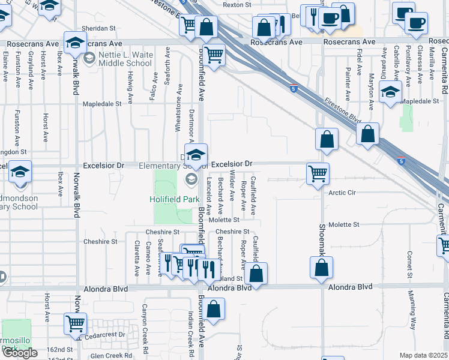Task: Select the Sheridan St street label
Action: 98,28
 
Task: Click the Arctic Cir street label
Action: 343,193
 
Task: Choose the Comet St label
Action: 409,261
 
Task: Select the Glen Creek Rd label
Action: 111,356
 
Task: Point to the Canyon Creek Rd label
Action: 144,319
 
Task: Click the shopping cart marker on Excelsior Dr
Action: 317,173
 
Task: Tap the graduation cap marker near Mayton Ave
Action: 390,92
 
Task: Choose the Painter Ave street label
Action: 348,85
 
